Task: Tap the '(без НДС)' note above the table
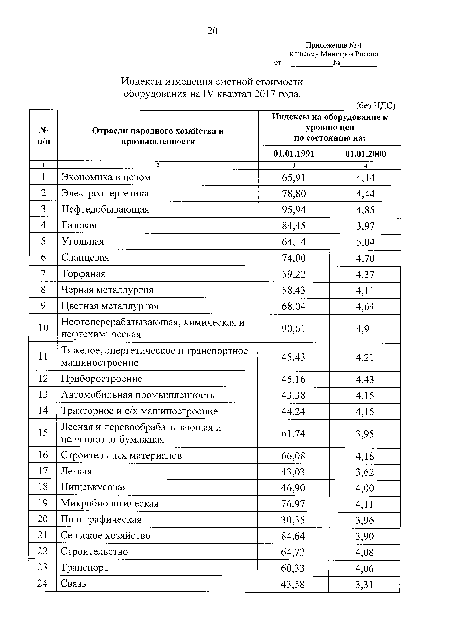pos(375,105)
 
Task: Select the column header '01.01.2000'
pos(365,154)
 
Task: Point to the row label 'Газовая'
pos(79,225)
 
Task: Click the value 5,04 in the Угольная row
pos(365,242)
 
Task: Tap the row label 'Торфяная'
pos(83,274)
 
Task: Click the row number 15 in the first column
pos(43,433)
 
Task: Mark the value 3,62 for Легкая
pos(365,472)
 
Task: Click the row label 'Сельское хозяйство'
pos(105,536)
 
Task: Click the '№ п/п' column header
pos(43,136)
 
